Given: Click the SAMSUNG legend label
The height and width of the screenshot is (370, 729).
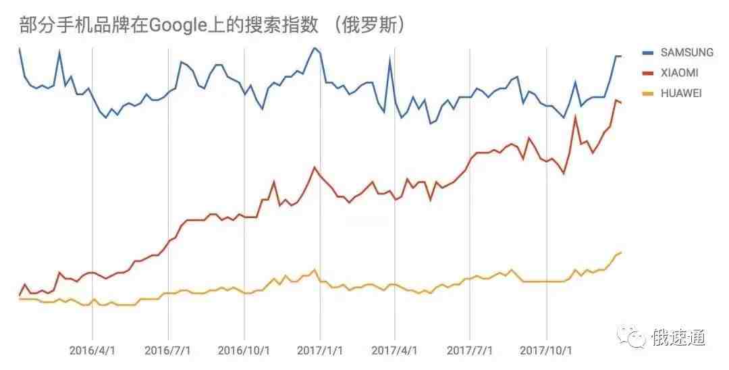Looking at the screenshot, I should (686, 52).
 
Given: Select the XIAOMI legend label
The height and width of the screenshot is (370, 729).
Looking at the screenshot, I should (679, 73).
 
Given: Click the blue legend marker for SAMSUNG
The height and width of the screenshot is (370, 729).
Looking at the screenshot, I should (649, 52).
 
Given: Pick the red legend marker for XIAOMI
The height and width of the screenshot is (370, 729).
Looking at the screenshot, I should (649, 73).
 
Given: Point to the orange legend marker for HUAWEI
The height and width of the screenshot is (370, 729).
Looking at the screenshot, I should (649, 93).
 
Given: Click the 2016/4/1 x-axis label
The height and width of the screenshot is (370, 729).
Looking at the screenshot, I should (92, 351).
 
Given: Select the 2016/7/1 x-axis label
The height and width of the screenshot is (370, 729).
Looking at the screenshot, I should (167, 351).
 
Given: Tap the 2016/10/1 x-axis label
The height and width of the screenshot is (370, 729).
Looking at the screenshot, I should (244, 351).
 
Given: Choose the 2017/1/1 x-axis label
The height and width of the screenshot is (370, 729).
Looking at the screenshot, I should (320, 351).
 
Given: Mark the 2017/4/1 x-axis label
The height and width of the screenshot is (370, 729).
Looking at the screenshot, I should (394, 351).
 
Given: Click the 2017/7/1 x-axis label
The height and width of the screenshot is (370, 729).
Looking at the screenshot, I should (469, 351).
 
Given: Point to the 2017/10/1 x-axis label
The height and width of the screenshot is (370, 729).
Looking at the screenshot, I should (545, 351).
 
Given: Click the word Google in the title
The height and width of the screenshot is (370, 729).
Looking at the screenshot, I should (177, 25).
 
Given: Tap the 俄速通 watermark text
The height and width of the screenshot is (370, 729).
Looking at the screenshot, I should (678, 337).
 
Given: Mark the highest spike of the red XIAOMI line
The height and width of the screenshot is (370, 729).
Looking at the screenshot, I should (616, 100).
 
